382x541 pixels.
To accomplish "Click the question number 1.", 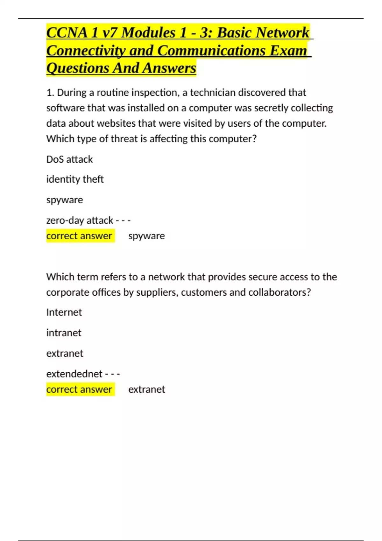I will (x=50, y=93).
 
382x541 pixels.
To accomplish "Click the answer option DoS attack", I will (x=69, y=159).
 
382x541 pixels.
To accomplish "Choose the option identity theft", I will (x=75, y=179).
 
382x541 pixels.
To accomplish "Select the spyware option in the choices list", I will (x=65, y=200).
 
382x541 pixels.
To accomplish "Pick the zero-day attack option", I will (x=80, y=220).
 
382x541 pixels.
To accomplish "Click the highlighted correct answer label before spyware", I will (x=79, y=236).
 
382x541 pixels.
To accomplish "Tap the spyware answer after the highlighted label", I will (x=146, y=236).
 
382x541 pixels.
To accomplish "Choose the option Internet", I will (x=64, y=312).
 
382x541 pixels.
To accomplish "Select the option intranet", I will (x=64, y=333).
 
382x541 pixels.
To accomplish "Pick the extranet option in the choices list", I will (x=65, y=353).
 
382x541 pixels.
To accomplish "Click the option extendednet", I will (x=74, y=374).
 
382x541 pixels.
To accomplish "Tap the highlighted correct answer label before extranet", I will (x=79, y=389).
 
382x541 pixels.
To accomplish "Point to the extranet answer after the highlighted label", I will (x=146, y=389).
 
